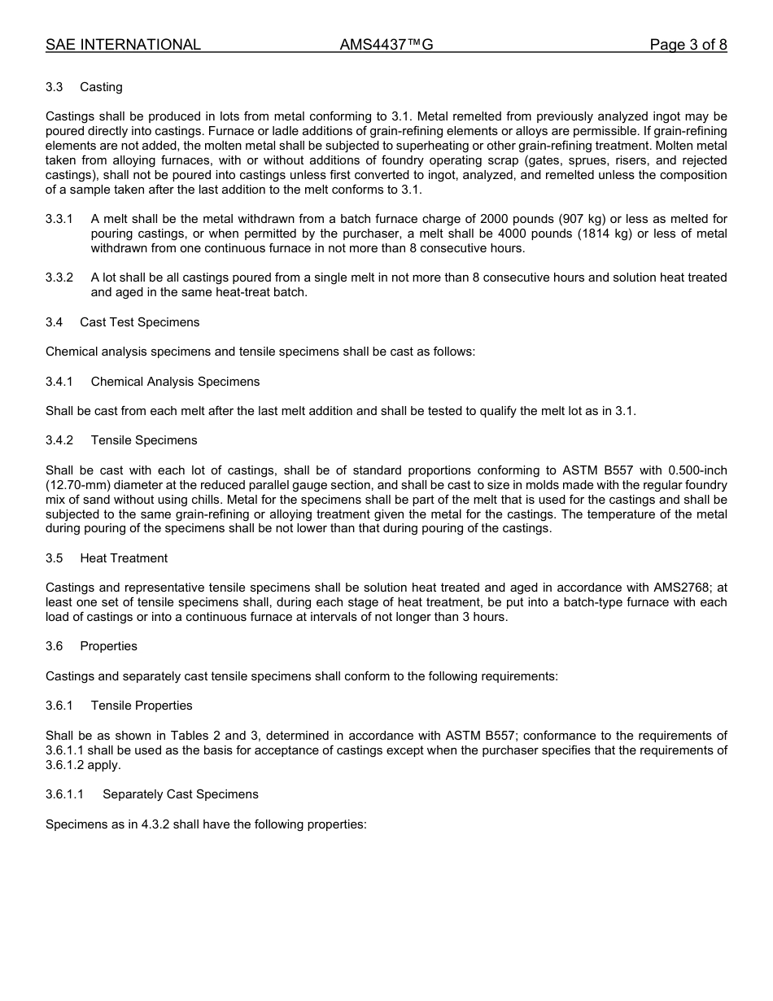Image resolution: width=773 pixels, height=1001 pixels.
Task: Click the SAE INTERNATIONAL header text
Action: click(x=123, y=45)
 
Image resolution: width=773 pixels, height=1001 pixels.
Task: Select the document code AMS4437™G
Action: click(x=386, y=45)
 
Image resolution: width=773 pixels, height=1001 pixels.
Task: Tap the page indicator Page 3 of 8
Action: click(x=688, y=45)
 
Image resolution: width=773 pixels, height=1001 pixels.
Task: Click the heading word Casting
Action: click(x=101, y=87)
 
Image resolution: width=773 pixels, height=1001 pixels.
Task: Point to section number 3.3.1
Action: click(x=59, y=219)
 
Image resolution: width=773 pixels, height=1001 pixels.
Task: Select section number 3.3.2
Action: click(x=59, y=278)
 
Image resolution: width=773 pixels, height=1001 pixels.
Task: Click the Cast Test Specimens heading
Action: click(x=139, y=322)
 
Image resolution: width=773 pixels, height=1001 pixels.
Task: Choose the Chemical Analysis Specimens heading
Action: click(x=175, y=382)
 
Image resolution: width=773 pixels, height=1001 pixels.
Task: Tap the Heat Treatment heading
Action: click(x=124, y=558)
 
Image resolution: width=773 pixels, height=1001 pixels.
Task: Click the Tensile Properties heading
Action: click(x=142, y=706)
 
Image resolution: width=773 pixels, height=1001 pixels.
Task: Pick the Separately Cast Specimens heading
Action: click(x=180, y=794)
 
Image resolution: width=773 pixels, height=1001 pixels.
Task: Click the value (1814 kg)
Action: click(x=604, y=234)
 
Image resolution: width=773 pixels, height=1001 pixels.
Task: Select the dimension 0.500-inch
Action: click(x=697, y=470)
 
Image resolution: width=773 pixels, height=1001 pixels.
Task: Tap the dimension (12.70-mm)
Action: click(x=77, y=485)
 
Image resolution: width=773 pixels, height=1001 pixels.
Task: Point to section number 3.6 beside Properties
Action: click(x=55, y=646)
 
